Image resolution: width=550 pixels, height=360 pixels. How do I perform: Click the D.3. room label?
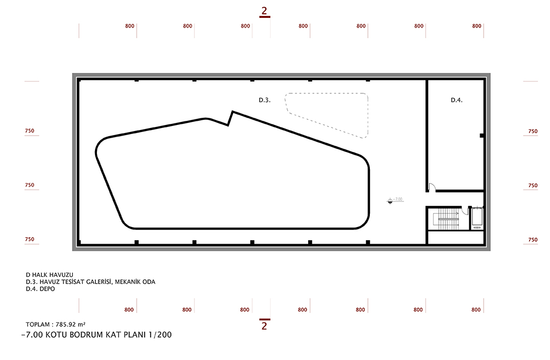point(264,100)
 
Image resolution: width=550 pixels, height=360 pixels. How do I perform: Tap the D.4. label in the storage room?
point(456,100)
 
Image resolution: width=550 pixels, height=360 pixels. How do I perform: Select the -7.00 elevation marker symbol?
point(390,201)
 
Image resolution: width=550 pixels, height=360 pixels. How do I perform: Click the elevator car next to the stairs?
point(477,217)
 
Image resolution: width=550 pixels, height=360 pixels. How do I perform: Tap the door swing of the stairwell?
point(465,211)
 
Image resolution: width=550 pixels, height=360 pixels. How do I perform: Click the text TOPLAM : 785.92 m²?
point(56,325)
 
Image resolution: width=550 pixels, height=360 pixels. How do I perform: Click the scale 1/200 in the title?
point(160,335)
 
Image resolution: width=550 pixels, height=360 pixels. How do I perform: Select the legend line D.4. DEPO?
point(40,289)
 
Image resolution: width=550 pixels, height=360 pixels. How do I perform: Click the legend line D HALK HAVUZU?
point(49,275)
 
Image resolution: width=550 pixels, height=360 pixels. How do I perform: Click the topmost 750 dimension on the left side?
point(30,131)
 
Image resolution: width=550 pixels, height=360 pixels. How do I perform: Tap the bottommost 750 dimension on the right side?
point(533,240)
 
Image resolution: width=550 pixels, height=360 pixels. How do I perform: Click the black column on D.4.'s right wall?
point(482,136)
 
